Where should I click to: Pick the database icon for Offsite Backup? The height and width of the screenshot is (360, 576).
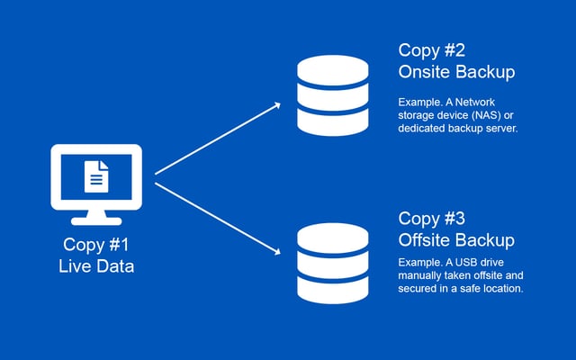pyautogui.click(x=332, y=263)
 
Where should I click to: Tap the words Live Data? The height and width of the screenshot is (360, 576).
pyautogui.click(x=96, y=265)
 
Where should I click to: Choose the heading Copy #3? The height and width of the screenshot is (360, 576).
pyautogui.click(x=435, y=219)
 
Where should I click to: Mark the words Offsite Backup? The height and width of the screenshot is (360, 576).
pyautogui.click(x=456, y=240)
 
